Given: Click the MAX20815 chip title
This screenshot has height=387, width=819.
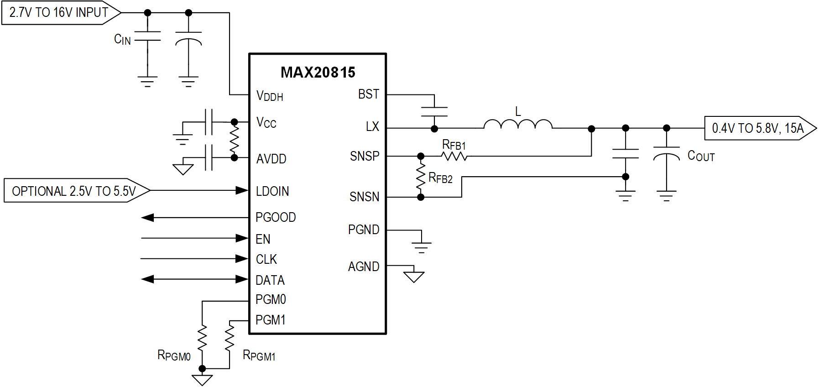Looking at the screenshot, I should [318, 72].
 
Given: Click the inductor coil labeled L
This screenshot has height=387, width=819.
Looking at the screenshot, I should [517, 124].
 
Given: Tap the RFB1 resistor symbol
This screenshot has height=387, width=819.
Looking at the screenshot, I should [454, 157].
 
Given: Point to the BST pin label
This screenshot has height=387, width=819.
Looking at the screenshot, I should [368, 94].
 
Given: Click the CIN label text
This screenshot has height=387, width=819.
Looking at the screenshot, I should [122, 40].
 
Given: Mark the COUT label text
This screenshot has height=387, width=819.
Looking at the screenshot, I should [701, 156].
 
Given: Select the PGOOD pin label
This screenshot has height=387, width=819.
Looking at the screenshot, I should [276, 217].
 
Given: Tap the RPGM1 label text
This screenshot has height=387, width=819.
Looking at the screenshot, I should [259, 355].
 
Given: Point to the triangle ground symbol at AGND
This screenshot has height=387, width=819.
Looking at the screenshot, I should [414, 277].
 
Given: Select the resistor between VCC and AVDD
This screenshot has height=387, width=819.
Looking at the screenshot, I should [234, 140].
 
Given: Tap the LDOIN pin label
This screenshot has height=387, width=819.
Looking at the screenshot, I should [272, 191].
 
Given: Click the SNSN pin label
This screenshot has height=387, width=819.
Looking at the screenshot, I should [364, 197].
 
